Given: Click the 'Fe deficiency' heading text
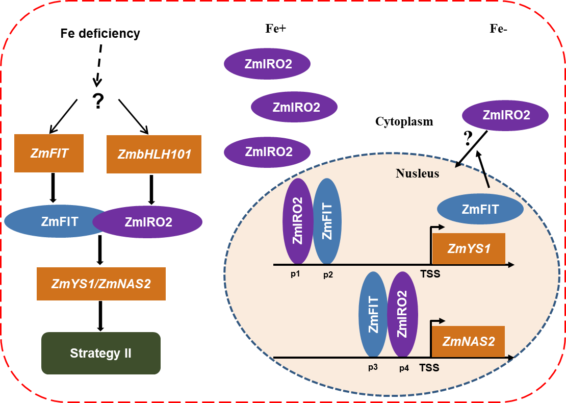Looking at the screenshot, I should (x=100, y=34).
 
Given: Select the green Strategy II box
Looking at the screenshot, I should (x=101, y=353).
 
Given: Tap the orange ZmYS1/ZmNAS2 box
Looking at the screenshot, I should (x=101, y=284).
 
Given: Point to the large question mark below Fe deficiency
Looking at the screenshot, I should (x=97, y=102).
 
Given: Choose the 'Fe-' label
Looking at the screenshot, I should (x=498, y=29).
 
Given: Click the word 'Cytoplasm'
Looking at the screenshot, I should (x=404, y=121).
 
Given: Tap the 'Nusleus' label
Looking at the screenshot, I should (x=417, y=173).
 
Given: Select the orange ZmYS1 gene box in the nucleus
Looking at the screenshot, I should (x=469, y=248).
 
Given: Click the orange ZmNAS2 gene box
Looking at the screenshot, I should (x=469, y=341).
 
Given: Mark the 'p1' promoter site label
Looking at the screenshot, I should (x=295, y=274).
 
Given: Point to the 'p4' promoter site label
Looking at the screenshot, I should (x=404, y=367).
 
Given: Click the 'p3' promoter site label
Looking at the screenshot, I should (x=372, y=367).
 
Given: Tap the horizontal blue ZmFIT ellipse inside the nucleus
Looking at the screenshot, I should (x=480, y=209).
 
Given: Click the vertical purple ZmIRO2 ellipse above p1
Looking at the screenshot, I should (x=297, y=220).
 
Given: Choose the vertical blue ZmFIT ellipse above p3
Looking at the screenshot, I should (x=373, y=314).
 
